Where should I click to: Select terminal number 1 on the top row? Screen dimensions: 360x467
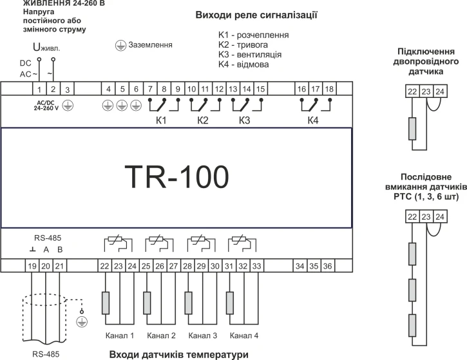pos(39,88)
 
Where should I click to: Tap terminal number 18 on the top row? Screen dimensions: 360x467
pos(329,88)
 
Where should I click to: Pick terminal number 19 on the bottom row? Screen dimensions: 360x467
pos(32,265)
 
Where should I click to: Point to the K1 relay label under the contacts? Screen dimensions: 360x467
pos(161,120)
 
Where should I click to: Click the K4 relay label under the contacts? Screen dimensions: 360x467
pos(313,120)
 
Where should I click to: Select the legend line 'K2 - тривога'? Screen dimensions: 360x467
pos(249,44)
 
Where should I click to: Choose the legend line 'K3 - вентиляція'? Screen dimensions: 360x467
pos(254,55)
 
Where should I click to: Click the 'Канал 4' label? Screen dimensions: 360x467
pos(245,336)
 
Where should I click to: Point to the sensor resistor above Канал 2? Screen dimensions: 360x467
pos(148,301)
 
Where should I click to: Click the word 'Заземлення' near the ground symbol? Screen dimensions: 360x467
pos(151,45)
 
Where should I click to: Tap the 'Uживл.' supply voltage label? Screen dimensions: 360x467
pos(46,47)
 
